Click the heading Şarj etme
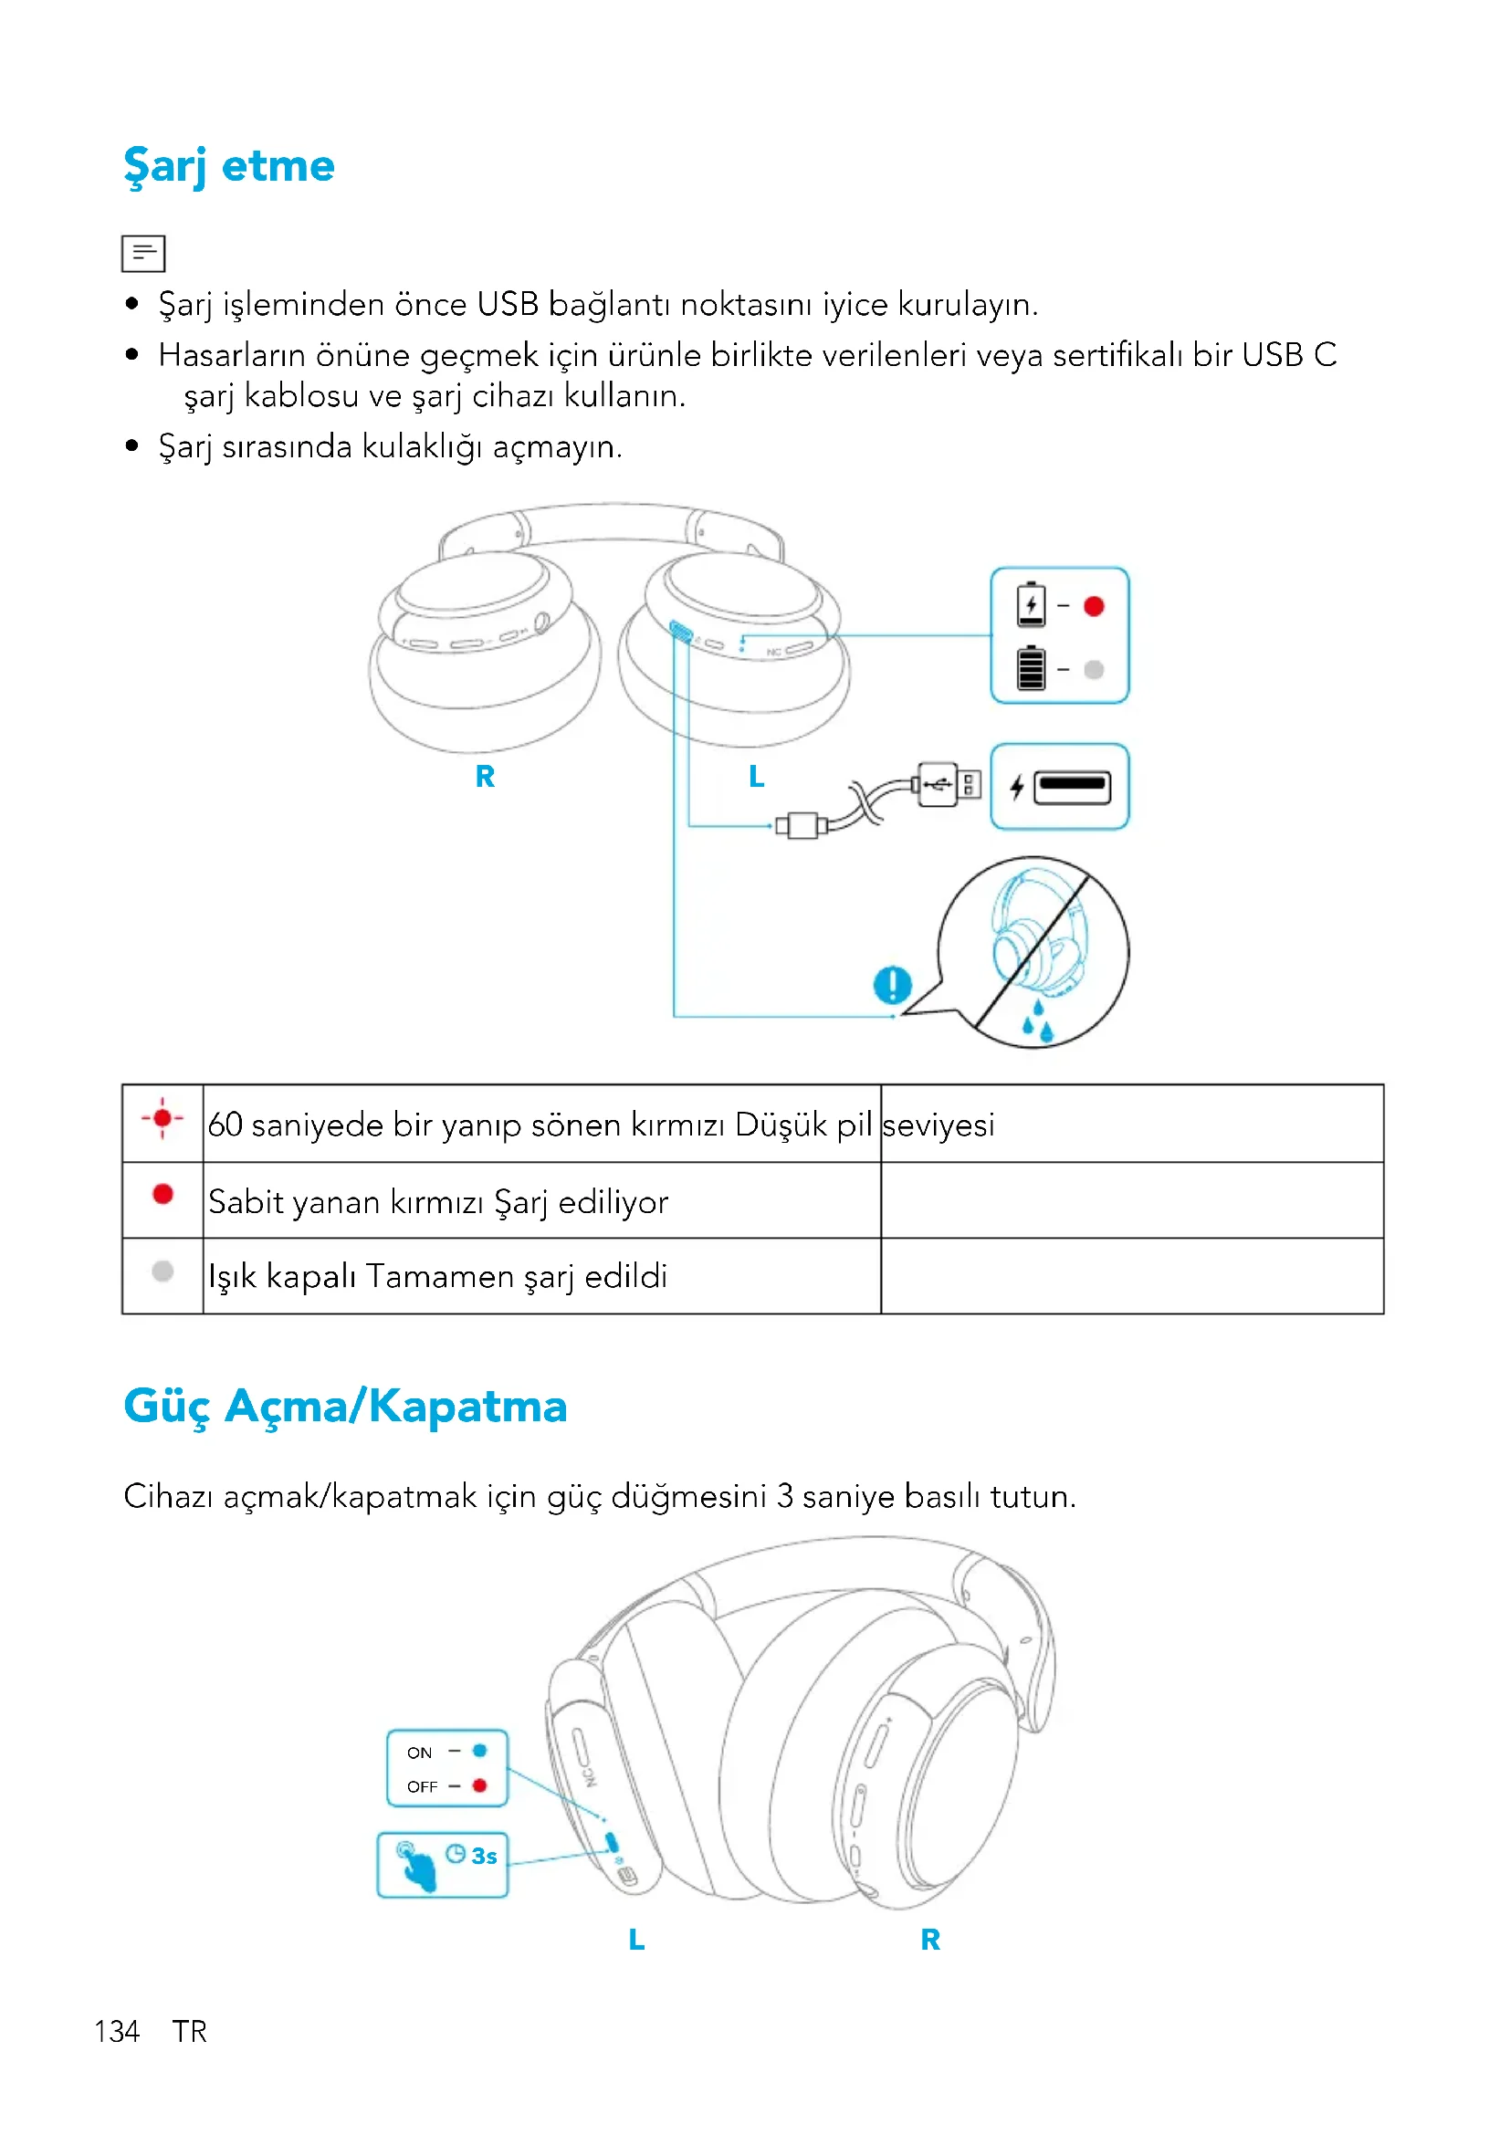coord(229,167)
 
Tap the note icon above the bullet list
coord(143,253)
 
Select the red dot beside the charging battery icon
coord(1095,606)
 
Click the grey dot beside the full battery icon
coord(1095,669)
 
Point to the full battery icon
coord(1030,668)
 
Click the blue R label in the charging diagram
coord(485,777)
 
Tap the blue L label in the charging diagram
coord(757,777)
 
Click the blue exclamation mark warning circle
coord(893,985)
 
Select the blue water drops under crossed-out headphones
coord(1039,1022)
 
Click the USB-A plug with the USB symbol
coord(947,785)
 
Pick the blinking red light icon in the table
coord(163,1119)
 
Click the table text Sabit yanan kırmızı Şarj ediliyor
coord(438,1202)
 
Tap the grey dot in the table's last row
coord(163,1272)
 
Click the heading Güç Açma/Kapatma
coord(345,1406)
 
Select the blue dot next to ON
coord(480,1751)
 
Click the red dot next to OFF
coord(480,1785)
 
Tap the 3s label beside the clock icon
coord(485,1857)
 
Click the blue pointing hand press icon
coord(415,1866)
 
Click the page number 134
coord(117,2032)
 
